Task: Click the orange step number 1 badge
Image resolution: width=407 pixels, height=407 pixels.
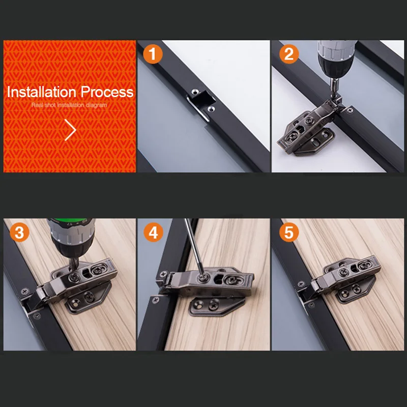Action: coord(153,54)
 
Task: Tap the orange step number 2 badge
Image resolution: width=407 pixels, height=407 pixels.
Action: coord(289,54)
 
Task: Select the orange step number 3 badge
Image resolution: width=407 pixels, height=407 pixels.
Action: coord(19,232)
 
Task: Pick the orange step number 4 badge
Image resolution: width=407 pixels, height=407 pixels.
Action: coord(153,232)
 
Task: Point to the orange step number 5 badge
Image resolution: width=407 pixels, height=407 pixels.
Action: coord(289,232)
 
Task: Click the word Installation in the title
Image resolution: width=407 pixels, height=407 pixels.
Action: coord(42,92)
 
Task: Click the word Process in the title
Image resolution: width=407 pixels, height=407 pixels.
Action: coord(107,92)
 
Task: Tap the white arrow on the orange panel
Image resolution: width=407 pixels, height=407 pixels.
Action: coord(70,130)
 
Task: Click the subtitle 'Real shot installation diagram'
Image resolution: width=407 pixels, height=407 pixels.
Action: coord(69,105)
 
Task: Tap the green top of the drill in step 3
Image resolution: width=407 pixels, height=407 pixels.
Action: coord(71,222)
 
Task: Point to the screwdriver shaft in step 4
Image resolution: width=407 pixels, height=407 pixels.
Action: coord(193,247)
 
